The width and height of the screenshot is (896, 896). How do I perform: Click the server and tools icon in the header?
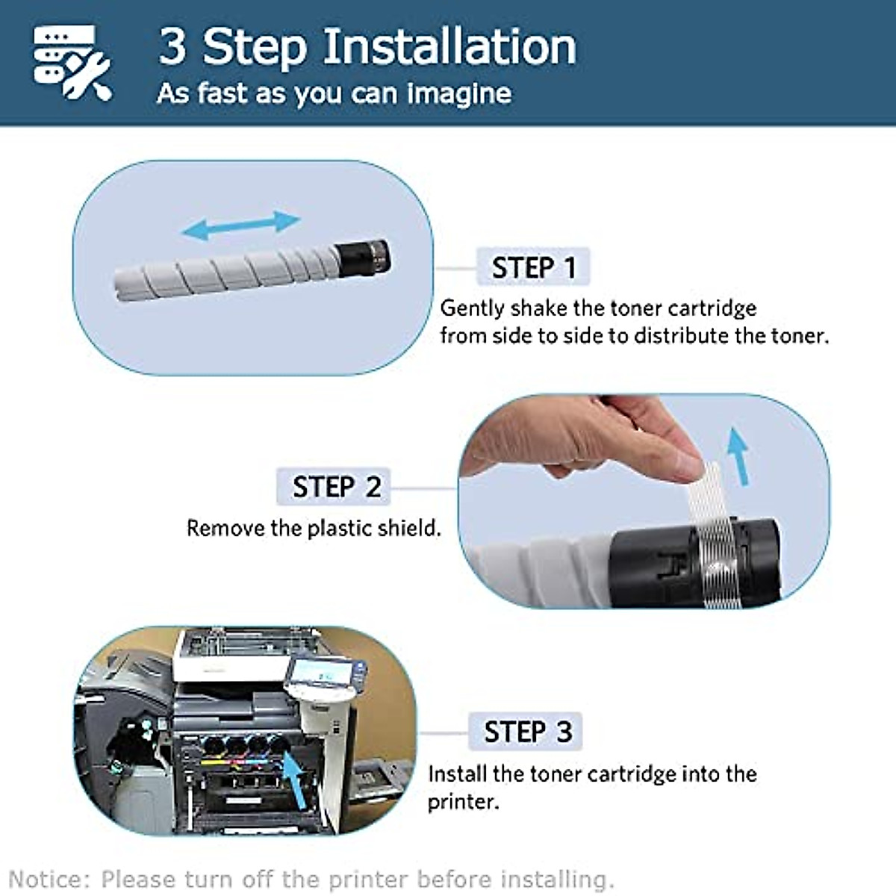(x=72, y=63)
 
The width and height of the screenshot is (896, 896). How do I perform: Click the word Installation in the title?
(x=449, y=46)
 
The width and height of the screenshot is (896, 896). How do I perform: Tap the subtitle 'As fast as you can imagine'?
(x=334, y=93)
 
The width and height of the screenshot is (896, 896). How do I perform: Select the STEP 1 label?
(x=533, y=267)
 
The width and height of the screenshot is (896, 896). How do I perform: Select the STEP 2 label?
(x=336, y=487)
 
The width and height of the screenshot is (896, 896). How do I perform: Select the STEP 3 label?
(x=527, y=732)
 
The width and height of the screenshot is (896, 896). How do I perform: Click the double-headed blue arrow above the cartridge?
(x=241, y=224)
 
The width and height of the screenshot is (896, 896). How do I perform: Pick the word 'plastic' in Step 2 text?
(x=340, y=529)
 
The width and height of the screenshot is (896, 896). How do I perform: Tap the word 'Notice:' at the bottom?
(x=50, y=879)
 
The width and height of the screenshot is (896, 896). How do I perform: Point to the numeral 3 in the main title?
(x=172, y=46)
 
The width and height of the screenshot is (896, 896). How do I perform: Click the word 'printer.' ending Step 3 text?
(x=462, y=802)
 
